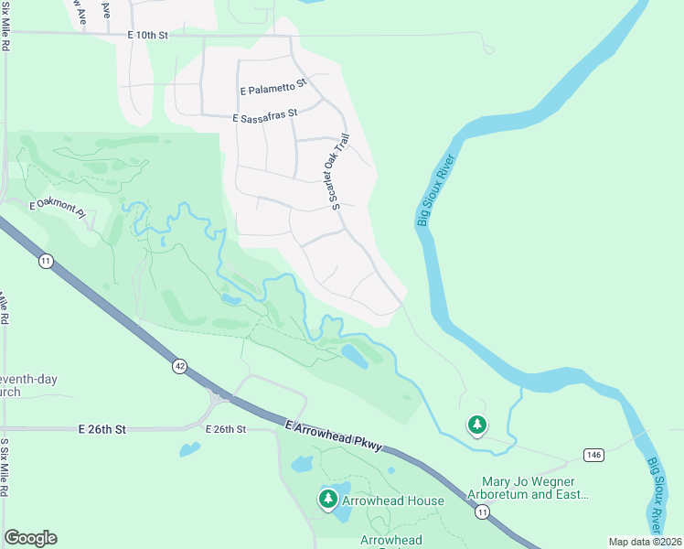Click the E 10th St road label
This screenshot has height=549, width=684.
(149, 36)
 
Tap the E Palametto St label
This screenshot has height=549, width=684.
(273, 90)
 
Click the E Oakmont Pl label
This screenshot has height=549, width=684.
(57, 209)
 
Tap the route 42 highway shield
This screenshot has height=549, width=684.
(180, 366)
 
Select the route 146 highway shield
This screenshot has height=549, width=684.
(593, 455)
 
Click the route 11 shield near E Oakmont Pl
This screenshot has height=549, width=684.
(46, 262)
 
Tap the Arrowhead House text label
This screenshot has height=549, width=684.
(392, 501)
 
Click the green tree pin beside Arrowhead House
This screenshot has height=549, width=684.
(327, 500)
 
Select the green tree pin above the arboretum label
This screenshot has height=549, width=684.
(476, 425)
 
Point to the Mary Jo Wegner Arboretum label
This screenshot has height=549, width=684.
(535, 488)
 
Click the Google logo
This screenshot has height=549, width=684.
(30, 538)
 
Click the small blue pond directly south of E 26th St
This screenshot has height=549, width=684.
(190, 449)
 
